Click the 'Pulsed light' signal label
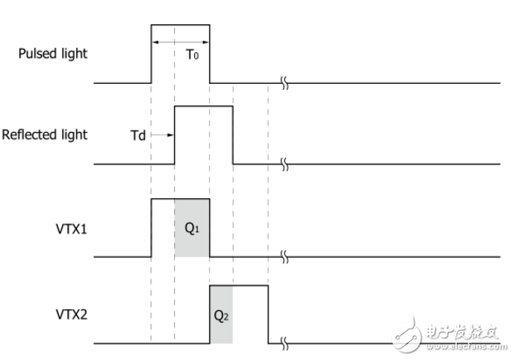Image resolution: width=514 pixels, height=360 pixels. point(53,54)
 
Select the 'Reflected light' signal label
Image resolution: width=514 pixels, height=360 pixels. point(45,134)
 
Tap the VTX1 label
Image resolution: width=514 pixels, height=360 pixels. point(71,229)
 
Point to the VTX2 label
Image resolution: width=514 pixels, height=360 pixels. point(71,314)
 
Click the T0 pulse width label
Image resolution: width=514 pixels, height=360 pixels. point(192,55)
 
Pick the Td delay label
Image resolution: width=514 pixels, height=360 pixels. point(138,135)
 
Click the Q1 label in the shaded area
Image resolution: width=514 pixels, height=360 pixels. point(192,228)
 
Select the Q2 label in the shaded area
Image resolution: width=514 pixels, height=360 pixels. point(221,316)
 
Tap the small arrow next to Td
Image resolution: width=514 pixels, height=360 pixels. point(162,134)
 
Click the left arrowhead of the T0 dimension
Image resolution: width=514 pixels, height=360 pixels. point(155,42)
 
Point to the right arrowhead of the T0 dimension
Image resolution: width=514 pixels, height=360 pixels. point(206,42)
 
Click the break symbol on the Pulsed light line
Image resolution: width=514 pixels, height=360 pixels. point(284,83)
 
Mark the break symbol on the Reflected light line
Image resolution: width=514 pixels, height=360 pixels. point(284,164)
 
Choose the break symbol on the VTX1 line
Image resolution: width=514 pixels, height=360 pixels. point(284,256)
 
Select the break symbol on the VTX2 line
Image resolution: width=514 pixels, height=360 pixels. point(284,343)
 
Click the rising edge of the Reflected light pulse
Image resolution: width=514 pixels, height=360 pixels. point(174,135)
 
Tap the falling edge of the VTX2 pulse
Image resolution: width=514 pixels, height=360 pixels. point(268,314)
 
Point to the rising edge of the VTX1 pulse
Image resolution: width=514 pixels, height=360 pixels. point(151,228)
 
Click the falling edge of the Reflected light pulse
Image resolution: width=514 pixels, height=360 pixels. point(233,135)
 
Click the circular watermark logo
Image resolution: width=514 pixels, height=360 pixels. point(406,334)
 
